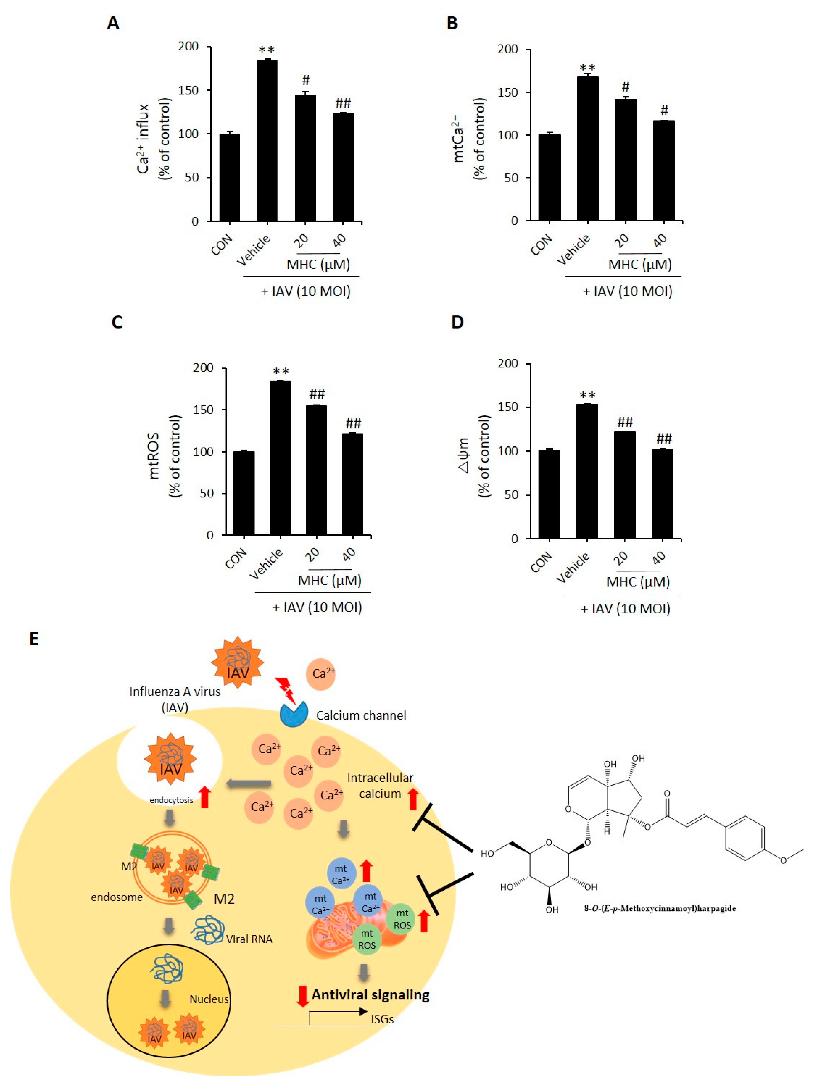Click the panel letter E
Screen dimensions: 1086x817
tap(34, 639)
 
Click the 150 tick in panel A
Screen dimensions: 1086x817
tap(188, 90)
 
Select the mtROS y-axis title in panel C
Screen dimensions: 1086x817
tap(154, 456)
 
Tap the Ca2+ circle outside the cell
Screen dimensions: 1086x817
tap(321, 674)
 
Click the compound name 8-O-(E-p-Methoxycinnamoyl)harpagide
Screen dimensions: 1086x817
tap(659, 908)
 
